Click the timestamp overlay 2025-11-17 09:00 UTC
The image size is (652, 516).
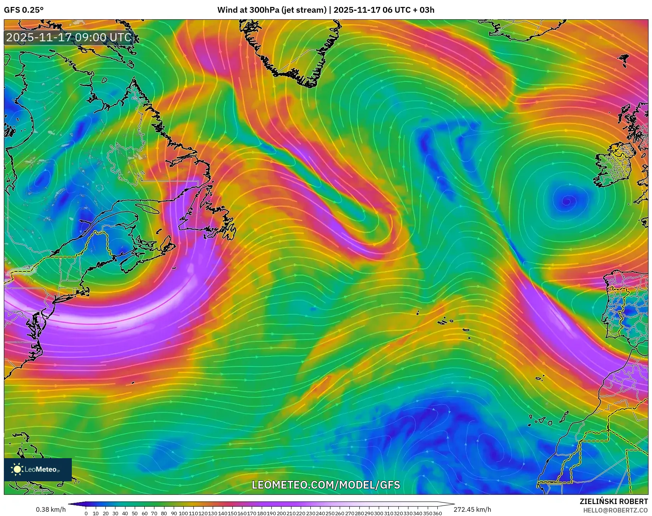(x=69, y=37)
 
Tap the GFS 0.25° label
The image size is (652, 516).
(x=24, y=10)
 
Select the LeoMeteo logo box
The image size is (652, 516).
(x=38, y=469)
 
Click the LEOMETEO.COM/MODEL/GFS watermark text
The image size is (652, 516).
(x=326, y=485)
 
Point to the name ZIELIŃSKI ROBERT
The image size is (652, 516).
(x=613, y=501)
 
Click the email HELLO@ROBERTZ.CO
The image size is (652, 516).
(x=615, y=510)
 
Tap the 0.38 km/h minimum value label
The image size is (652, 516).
(x=51, y=509)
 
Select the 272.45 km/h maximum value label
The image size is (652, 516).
(x=472, y=509)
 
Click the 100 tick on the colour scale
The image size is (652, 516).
(x=183, y=513)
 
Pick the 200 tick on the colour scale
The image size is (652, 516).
(x=281, y=513)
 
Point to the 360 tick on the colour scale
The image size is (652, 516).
(x=437, y=513)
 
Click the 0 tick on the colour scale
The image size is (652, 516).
(x=86, y=513)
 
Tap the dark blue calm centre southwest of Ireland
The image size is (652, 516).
(x=567, y=201)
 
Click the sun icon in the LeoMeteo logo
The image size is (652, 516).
(x=17, y=469)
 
